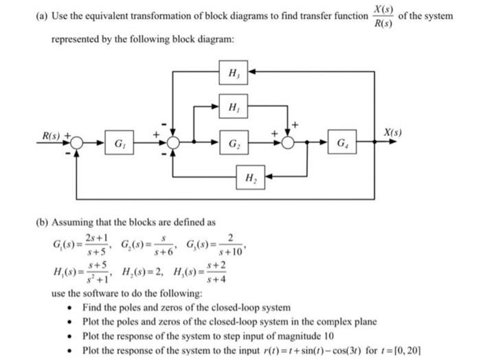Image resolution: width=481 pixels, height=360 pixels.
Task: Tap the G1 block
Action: [x=119, y=144]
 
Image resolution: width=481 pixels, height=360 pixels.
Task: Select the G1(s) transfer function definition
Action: [x=78, y=244]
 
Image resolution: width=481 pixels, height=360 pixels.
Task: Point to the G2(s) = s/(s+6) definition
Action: [x=145, y=244]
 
